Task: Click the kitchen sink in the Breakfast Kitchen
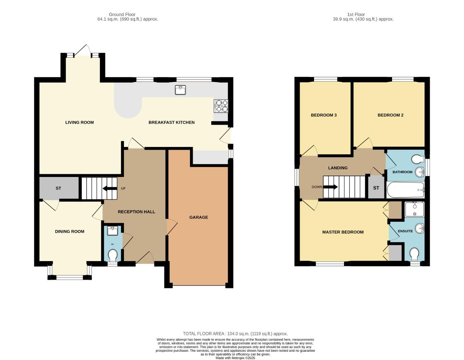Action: (180, 90)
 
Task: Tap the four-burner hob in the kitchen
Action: (221, 106)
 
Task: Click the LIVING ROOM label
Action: (79, 122)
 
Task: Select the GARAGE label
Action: (199, 217)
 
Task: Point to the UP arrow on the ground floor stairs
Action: (109, 189)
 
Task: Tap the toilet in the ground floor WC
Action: (113, 256)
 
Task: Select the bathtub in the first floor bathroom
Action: (405, 190)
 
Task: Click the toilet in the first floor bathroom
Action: (417, 159)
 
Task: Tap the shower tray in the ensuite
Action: (414, 210)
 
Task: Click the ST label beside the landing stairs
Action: (376, 188)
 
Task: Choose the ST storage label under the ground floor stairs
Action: (58, 188)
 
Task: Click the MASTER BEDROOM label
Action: (343, 232)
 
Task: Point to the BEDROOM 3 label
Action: (323, 115)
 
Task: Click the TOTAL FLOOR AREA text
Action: (235, 334)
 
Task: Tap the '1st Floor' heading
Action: (356, 14)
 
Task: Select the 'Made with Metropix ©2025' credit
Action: (235, 358)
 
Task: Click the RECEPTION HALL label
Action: (136, 212)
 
